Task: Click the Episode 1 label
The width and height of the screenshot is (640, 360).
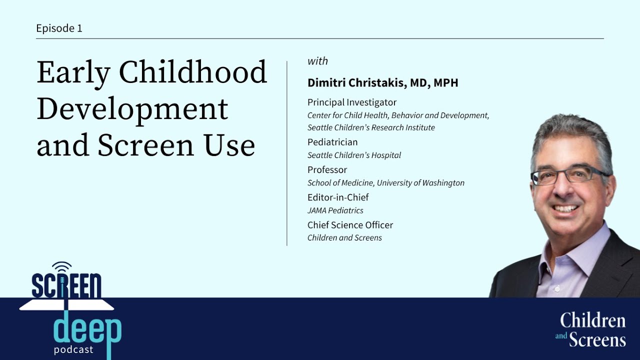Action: coord(59,28)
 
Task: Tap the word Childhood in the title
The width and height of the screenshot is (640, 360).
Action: coord(193,72)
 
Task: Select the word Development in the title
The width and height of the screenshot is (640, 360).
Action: coord(132,109)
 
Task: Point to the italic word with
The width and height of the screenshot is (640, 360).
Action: coord(317,61)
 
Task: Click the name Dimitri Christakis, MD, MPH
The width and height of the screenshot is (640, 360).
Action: coord(382,83)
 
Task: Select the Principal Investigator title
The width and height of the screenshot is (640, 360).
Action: coord(352,102)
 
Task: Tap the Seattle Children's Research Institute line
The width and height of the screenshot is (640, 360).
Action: coord(371,127)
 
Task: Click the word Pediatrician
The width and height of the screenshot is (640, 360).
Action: coord(332,142)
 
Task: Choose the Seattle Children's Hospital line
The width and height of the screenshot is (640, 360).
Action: coord(354,155)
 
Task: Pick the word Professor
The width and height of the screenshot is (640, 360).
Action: coord(327,169)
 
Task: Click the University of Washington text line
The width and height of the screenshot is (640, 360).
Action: coord(386,183)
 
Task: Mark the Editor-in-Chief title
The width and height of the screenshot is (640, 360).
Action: coord(338,197)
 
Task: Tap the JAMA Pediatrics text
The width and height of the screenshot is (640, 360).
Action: coord(335,210)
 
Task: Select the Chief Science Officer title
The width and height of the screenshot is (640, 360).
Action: coord(350,225)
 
